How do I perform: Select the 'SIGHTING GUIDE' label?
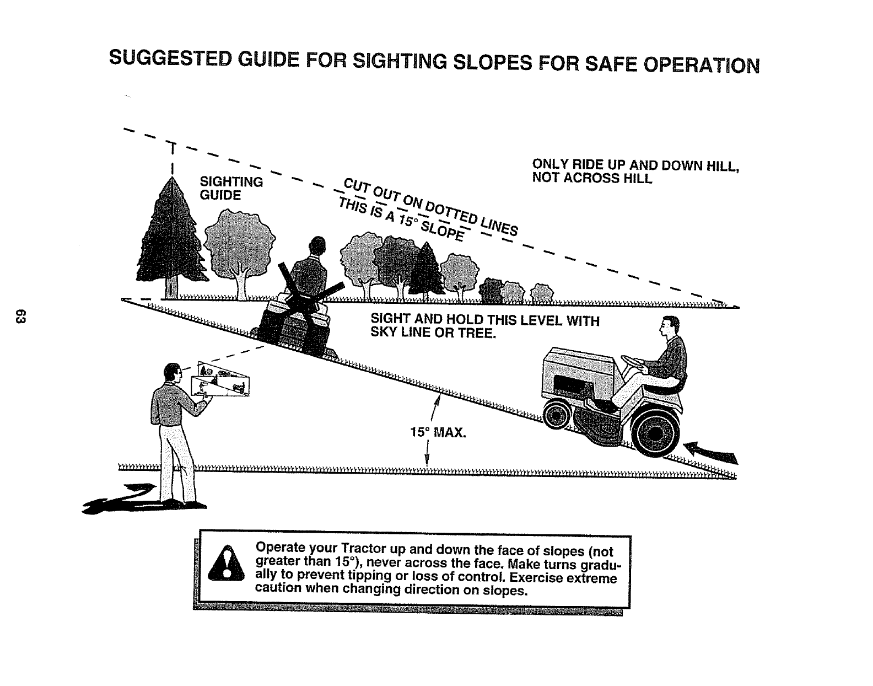(x=230, y=189)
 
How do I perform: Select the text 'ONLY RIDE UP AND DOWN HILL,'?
(x=635, y=165)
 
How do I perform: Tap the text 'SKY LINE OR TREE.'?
(x=433, y=333)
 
